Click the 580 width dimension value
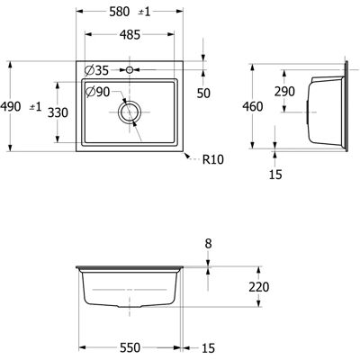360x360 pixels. (x=120, y=12)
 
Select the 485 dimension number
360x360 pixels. (x=130, y=35)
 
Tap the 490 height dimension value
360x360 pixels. (x=11, y=106)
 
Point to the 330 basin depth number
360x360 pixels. (x=58, y=112)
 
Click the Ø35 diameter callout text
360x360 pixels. (x=96, y=70)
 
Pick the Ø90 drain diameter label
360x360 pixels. (x=97, y=92)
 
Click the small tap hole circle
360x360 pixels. (x=130, y=70)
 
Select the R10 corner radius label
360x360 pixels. (x=213, y=159)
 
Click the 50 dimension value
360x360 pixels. (x=203, y=94)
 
